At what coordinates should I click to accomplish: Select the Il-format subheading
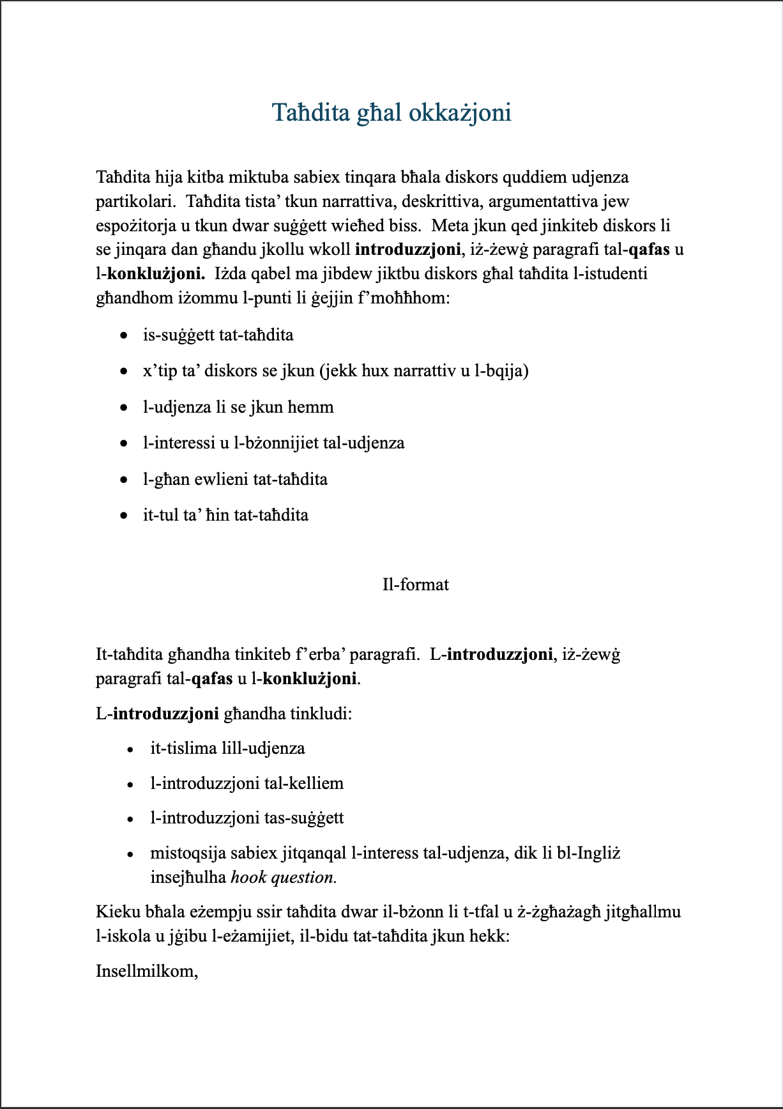pyautogui.click(x=415, y=585)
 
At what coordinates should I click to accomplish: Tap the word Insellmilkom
pyautogui.click(x=146, y=971)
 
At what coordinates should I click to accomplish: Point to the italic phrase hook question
pyautogui.click(x=283, y=877)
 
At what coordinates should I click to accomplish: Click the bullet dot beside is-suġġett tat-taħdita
pyautogui.click(x=124, y=335)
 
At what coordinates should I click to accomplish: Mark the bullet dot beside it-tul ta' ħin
pyautogui.click(x=124, y=516)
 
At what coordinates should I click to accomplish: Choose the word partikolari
pyautogui.click(x=135, y=201)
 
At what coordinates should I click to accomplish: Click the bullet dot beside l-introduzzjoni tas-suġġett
pyautogui.click(x=130, y=819)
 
